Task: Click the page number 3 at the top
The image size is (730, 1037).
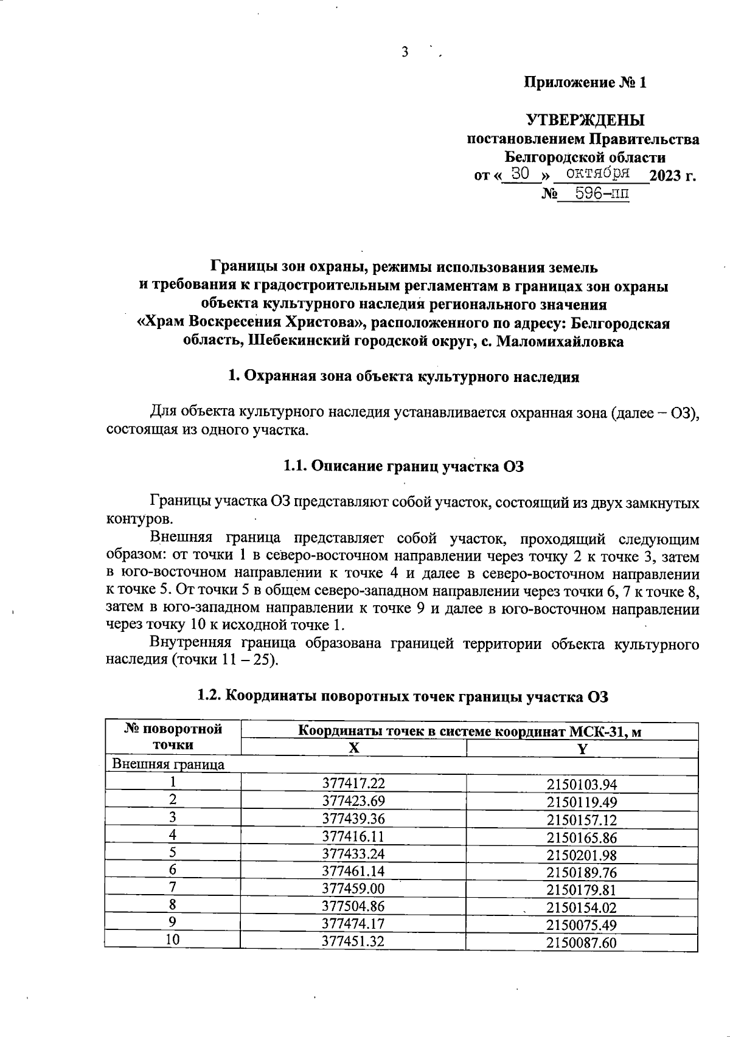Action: (405, 53)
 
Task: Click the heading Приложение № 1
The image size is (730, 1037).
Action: (585, 83)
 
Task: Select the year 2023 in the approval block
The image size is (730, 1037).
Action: (666, 176)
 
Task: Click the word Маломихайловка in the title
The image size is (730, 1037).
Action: (560, 341)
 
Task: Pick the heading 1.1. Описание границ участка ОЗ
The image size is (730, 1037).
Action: (403, 466)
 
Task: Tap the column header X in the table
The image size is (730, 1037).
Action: (353, 749)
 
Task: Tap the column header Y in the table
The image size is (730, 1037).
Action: (582, 749)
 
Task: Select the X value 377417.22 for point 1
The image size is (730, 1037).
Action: (353, 783)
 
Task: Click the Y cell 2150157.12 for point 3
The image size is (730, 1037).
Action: (582, 819)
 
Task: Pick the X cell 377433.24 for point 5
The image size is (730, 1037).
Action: (353, 853)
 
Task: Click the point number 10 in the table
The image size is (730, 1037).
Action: (173, 940)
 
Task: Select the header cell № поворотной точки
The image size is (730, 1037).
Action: (173, 737)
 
